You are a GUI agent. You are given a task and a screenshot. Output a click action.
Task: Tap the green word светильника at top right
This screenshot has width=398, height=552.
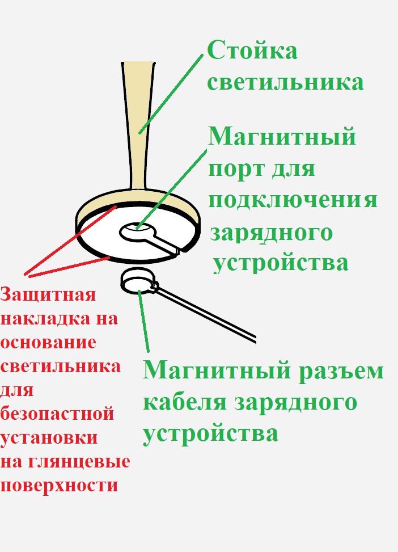click(285, 83)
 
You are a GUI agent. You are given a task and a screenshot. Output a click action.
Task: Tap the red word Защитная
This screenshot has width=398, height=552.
click(48, 295)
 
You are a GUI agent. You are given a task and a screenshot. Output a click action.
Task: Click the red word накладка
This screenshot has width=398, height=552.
click(43, 319)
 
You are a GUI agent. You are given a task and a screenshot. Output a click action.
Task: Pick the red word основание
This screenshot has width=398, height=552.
click(49, 343)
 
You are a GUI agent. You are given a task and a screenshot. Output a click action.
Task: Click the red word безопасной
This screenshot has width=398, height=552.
click(57, 414)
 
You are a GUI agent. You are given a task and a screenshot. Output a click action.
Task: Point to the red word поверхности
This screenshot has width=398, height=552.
click(60, 486)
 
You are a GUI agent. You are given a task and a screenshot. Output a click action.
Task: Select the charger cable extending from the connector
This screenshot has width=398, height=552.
click(210, 315)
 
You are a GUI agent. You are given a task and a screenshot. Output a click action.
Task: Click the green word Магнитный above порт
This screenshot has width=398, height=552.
click(282, 137)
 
